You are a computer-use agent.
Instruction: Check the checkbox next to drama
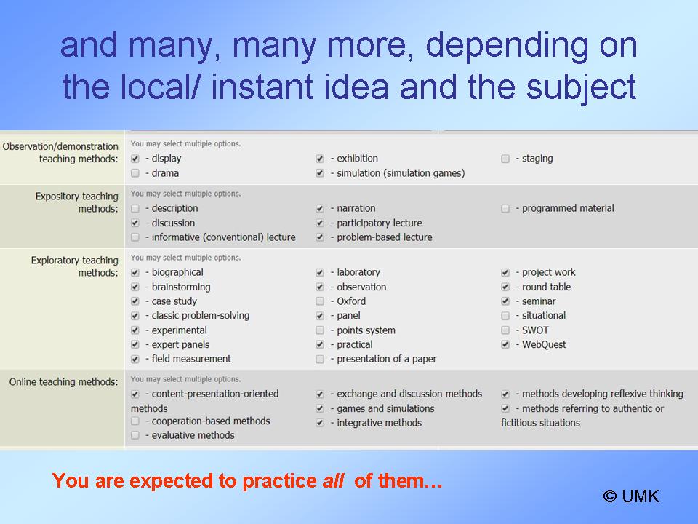tap(135, 173)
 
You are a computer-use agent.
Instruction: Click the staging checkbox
tap(505, 159)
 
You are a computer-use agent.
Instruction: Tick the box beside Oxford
tap(320, 301)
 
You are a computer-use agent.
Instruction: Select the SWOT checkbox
tap(505, 330)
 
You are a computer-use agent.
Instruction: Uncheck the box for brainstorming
tap(135, 287)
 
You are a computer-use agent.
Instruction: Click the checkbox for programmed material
tap(505, 209)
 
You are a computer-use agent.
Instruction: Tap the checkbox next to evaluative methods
tap(135, 435)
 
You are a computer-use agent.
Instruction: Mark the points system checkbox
tap(320, 330)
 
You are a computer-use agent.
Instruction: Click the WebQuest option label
tap(544, 344)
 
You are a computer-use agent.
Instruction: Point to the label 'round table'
tap(546, 287)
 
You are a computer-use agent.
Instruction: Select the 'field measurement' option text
tap(191, 359)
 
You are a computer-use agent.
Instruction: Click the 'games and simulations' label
tap(385, 408)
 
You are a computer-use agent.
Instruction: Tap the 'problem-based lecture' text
tap(385, 237)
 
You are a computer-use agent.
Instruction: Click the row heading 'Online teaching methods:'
tap(64, 382)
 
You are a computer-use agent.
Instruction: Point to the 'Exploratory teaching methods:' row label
tap(74, 266)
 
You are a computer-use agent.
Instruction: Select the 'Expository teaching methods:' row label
tap(76, 202)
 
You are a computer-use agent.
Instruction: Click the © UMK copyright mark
tap(631, 496)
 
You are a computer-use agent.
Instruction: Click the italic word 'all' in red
tap(333, 481)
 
